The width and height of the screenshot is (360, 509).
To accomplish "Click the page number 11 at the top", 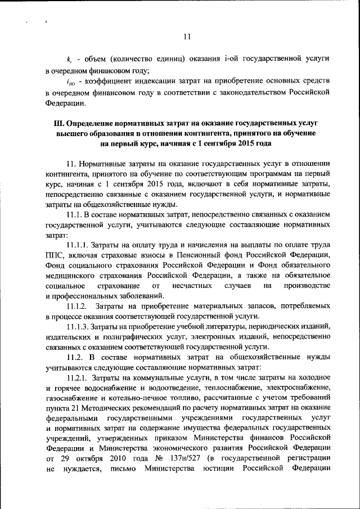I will tap(187, 37).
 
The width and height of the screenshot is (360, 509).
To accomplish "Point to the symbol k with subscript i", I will tap(69, 59).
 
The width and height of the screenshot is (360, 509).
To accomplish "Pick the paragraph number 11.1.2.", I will tap(77, 306).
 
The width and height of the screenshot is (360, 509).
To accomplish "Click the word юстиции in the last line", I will tap(213, 468).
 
